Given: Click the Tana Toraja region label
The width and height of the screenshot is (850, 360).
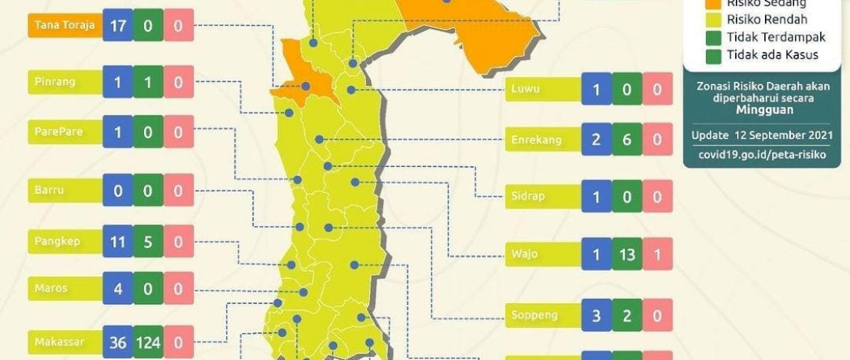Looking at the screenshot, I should [64, 27].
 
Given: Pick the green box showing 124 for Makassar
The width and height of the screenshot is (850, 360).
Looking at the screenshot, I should [148, 342].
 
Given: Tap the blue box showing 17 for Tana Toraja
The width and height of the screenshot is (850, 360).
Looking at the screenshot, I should [118, 27].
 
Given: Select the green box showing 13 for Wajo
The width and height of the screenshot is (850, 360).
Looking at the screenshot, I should [627, 254].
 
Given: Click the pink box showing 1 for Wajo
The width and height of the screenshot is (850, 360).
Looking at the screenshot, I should [657, 254].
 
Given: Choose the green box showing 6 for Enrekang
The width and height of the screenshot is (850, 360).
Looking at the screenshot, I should [627, 141].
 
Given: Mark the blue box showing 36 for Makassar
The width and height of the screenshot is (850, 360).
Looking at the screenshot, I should [118, 342].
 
